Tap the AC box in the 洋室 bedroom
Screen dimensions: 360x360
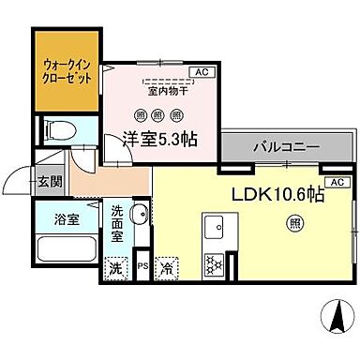(x=200, y=72)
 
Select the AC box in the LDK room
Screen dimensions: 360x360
(x=337, y=182)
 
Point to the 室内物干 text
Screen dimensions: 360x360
(x=165, y=92)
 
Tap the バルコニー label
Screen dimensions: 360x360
(x=286, y=148)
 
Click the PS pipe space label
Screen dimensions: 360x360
(x=143, y=265)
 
